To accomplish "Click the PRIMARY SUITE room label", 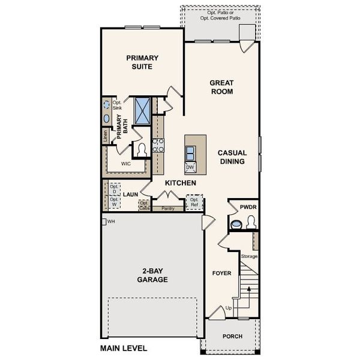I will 142,62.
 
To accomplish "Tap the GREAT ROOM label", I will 221,87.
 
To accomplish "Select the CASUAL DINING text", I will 231,157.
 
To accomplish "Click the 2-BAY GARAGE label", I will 152,275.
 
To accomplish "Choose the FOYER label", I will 221,273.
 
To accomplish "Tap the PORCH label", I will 232,337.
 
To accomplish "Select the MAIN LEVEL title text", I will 123,348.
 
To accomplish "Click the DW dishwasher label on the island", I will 190,167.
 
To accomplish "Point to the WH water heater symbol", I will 104,221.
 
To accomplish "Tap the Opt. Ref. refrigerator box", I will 194,202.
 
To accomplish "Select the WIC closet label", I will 126,163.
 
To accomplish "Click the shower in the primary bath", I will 142,110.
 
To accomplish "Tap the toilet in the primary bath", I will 142,149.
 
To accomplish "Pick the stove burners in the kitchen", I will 158,145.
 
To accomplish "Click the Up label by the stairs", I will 229,308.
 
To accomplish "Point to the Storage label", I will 249,256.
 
